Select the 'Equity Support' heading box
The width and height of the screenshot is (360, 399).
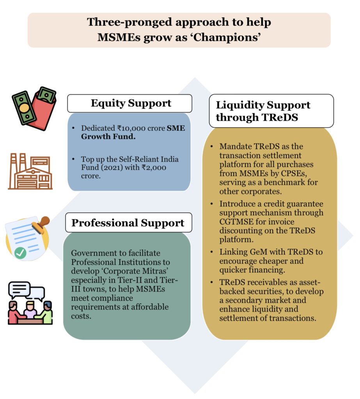[130, 103]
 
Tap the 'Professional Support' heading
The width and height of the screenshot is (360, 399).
[128, 223]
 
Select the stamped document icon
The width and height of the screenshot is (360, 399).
[28, 237]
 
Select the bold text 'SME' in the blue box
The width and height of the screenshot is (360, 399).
[175, 128]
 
